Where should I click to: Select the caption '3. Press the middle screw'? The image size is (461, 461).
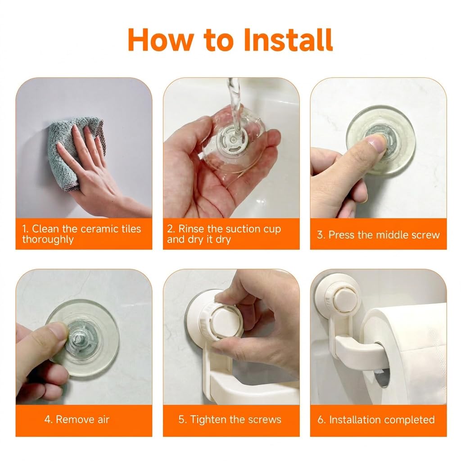[x=378, y=235]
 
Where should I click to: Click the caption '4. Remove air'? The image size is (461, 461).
[x=77, y=419]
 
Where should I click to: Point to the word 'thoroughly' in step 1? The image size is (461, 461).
[x=48, y=240]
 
